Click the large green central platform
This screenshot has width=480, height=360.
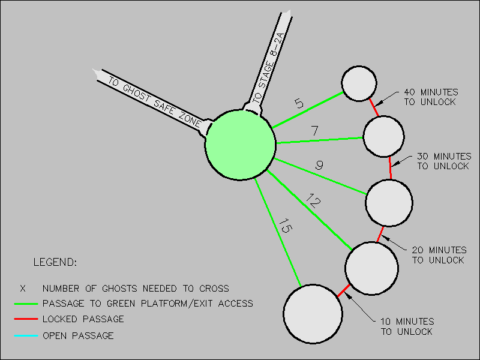coord(241,145)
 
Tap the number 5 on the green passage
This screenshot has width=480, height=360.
coord(299,103)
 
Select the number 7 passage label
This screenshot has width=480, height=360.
coord(314,130)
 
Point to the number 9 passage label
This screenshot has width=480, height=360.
coord(319,165)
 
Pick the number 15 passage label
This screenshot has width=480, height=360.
coord(284,229)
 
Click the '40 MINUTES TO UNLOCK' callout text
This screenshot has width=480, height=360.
coord(430,97)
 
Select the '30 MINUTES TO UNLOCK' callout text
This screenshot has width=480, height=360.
coord(443,161)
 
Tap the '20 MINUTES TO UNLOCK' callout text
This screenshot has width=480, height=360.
coord(439,255)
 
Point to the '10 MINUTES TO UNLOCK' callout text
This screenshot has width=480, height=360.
coord(407,326)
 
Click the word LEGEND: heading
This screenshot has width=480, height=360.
coord(55,263)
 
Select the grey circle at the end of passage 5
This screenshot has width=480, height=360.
coord(359,83)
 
